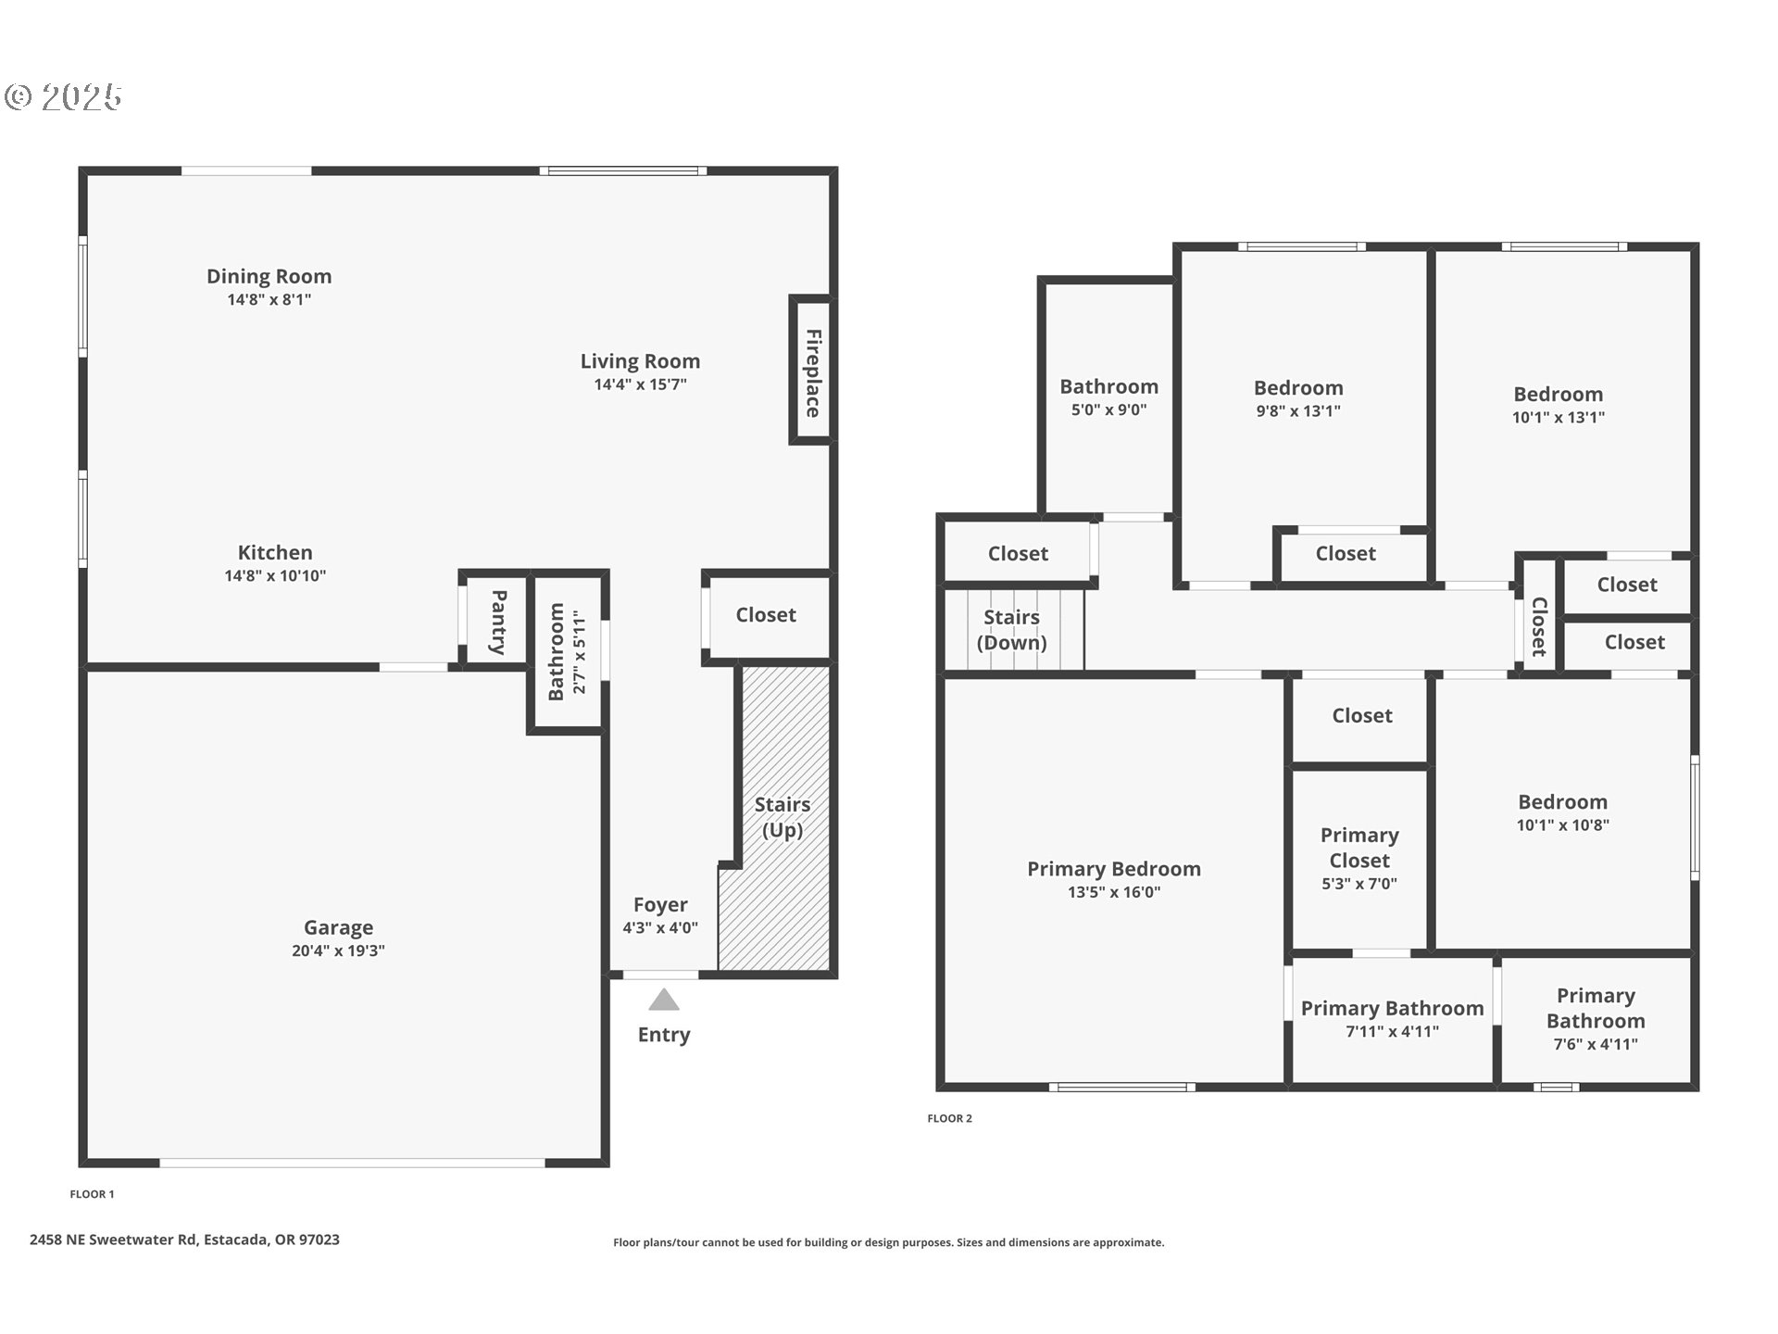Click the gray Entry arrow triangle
click(664, 1000)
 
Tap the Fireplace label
click(813, 372)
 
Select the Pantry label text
click(498, 622)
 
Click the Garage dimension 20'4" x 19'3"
click(338, 950)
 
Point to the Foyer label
click(660, 905)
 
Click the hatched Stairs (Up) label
click(783, 817)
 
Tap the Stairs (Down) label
click(1012, 630)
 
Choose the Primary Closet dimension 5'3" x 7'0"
click(1359, 884)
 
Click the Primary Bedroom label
click(1114, 869)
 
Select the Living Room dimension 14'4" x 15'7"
click(641, 384)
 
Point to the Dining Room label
click(269, 276)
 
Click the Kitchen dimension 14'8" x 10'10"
click(275, 575)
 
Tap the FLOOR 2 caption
click(950, 1118)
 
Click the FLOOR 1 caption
click(93, 1194)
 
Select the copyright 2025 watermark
click(63, 96)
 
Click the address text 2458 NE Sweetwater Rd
click(113, 1240)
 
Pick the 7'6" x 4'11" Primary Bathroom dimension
click(1596, 1044)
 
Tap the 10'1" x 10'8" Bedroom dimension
click(1563, 825)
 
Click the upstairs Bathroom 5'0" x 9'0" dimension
click(1109, 409)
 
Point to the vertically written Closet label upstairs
click(1539, 627)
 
